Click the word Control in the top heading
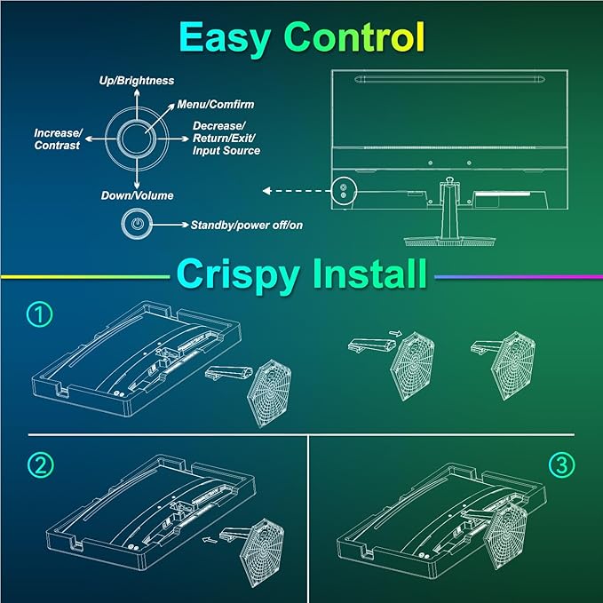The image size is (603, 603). tap(353, 37)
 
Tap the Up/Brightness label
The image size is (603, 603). tap(135, 81)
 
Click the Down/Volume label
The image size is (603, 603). tap(136, 195)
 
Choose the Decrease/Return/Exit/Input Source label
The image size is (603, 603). tap(226, 139)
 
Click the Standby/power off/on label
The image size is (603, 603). tap(246, 226)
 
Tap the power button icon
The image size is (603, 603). tap(136, 224)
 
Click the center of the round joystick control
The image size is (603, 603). tap(136, 138)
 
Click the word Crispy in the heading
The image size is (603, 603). tap(238, 274)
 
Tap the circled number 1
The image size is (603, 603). tap(38, 313)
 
